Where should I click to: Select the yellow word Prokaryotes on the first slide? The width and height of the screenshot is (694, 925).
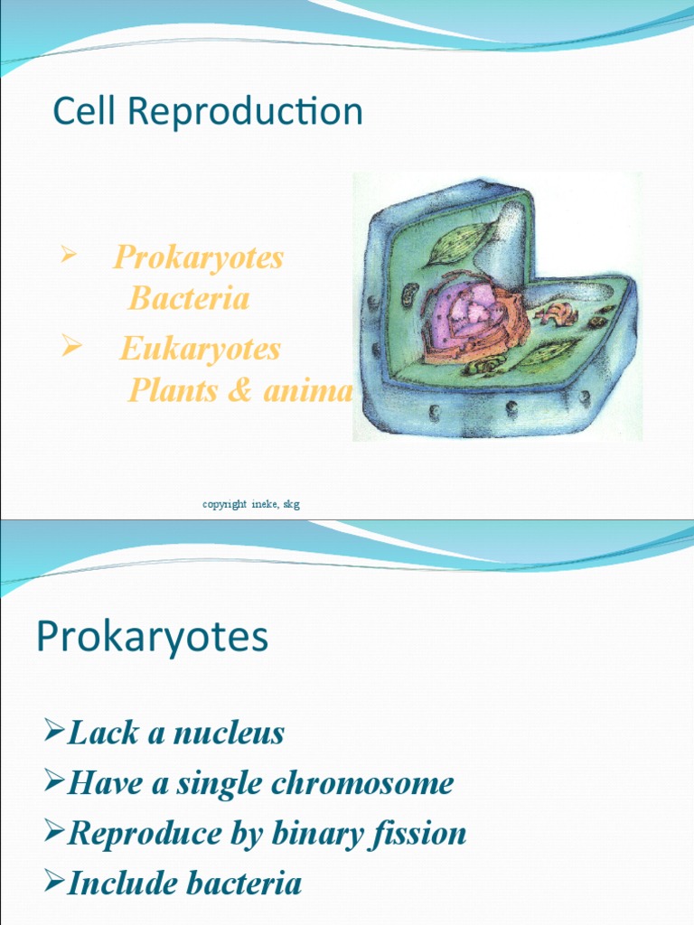(x=198, y=258)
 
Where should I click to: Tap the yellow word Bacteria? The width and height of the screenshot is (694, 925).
(x=189, y=298)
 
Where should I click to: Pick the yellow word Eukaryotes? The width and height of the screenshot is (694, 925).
(x=200, y=350)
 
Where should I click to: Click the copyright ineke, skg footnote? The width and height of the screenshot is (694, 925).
(x=251, y=504)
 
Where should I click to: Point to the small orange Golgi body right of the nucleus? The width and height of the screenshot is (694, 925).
(x=558, y=313)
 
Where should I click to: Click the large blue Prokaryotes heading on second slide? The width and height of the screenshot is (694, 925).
(x=152, y=638)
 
